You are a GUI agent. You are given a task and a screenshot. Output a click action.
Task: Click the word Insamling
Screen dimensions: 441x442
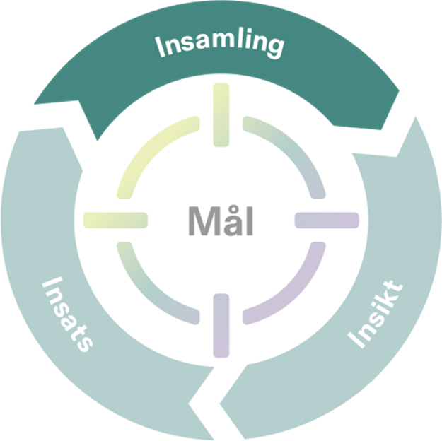[220, 45]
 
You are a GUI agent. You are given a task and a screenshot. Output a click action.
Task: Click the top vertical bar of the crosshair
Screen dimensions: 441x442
[221, 115]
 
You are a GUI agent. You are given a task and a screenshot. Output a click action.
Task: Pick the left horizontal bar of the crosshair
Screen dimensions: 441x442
[115, 220]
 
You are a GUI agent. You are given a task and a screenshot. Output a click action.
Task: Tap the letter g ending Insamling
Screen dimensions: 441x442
[275, 47]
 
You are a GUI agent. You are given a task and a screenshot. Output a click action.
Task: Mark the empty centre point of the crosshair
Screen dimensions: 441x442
[221, 220]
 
